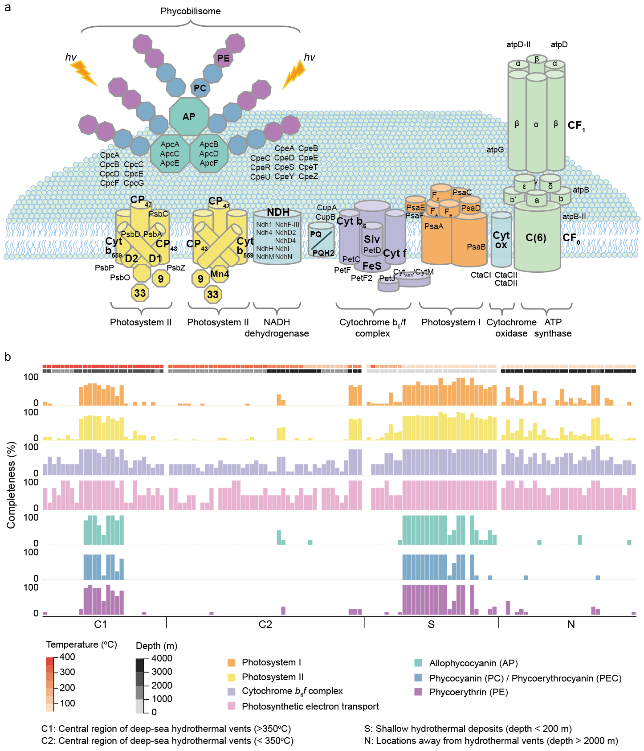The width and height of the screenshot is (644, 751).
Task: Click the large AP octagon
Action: click(189, 116)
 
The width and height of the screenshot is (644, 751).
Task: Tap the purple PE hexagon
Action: click(223, 58)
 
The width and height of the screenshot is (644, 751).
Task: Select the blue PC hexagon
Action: click(200, 88)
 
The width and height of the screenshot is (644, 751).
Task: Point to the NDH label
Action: click(278, 212)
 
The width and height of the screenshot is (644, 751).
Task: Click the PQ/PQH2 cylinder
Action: click(321, 241)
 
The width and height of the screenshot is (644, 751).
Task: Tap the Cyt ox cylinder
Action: click(501, 240)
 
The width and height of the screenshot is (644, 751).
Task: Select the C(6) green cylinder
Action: click(536, 238)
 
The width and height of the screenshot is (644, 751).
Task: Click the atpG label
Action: click(495, 150)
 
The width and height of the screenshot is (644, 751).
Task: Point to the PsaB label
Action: click(476, 247)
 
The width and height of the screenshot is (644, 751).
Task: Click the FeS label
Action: click(372, 266)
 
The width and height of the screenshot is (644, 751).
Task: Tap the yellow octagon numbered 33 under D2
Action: click(140, 293)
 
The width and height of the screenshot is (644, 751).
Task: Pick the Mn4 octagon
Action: click(220, 274)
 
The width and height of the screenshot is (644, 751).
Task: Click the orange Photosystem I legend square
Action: click(232, 663)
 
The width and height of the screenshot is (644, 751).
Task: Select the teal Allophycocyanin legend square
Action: click(418, 663)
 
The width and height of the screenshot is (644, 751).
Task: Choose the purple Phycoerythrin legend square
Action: click(418, 692)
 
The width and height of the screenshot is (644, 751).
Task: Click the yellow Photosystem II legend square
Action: click(232, 677)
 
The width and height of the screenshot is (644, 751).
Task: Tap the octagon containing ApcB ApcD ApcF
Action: click(209, 154)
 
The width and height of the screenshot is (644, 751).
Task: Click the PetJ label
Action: click(387, 279)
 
